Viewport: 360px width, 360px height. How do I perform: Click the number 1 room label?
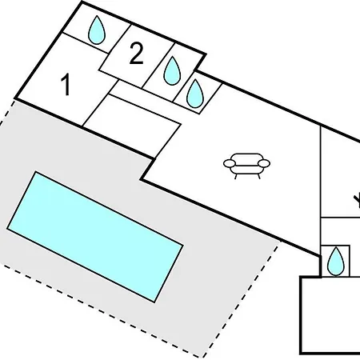point(66,85)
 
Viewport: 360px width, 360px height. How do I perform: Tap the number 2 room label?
point(136,54)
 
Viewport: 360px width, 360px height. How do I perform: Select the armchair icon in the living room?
point(246,166)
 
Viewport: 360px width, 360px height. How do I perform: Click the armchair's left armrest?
point(230,163)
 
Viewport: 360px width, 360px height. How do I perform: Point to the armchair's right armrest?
point(264,163)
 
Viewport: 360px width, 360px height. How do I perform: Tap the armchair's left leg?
point(236,176)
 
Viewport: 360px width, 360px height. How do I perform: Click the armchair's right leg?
point(258,176)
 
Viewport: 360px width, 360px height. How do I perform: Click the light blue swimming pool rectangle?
point(95,237)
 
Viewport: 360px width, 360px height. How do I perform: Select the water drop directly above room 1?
point(97,30)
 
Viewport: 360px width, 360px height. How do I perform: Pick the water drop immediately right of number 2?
point(172,70)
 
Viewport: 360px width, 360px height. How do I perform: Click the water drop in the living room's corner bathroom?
point(195,94)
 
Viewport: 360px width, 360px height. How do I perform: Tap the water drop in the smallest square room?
point(336,262)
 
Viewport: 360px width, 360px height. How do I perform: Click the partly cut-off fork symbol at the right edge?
point(357,202)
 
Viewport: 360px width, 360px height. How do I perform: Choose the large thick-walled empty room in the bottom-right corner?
point(330,315)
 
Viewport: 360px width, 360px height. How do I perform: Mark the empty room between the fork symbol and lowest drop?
point(340,231)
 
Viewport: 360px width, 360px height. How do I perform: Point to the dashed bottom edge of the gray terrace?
point(102,310)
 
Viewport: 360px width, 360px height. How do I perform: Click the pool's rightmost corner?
point(183,245)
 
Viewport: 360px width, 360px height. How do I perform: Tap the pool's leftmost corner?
point(7,229)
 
